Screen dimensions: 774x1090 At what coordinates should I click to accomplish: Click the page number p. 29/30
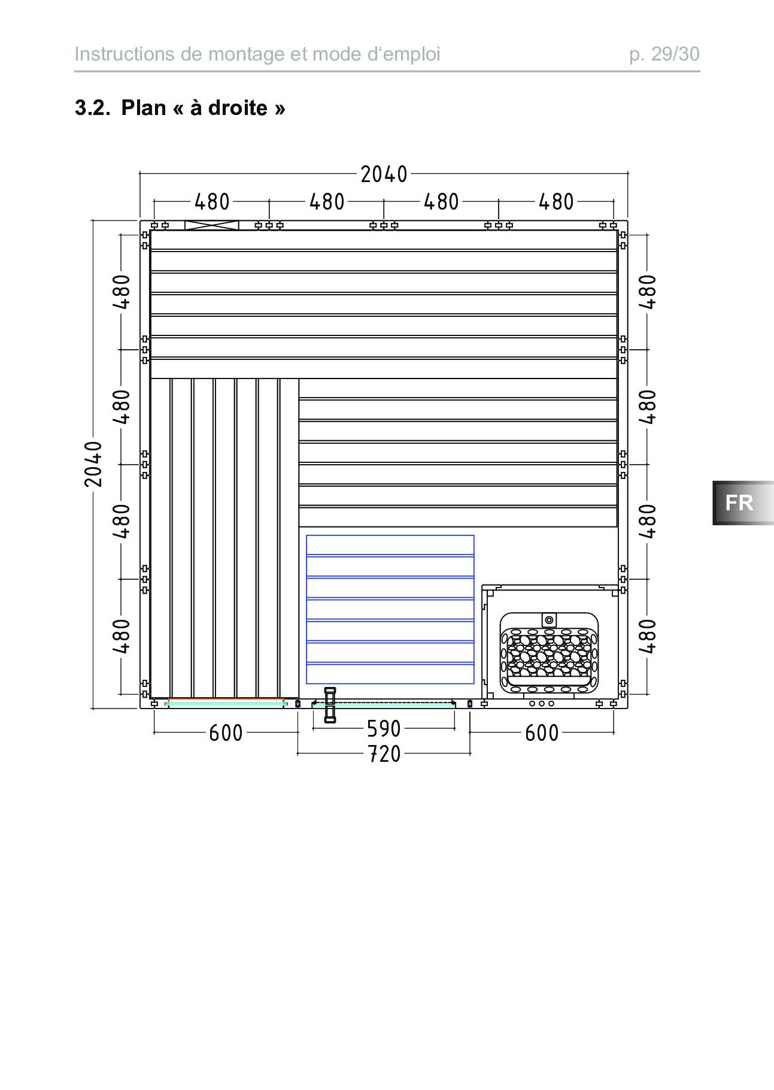coord(664,54)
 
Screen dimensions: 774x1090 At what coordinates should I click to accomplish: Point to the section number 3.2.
coord(92,108)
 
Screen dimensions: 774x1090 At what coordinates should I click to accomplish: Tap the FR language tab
coord(739,502)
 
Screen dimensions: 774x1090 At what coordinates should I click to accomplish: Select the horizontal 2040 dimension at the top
coord(384,174)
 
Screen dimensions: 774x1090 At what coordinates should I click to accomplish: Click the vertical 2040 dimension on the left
coord(93,464)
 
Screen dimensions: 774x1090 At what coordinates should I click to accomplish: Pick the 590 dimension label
coord(384,729)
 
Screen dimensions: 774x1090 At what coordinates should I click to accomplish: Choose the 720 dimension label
coord(384,753)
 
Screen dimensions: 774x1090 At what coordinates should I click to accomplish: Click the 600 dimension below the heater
coord(542,732)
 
